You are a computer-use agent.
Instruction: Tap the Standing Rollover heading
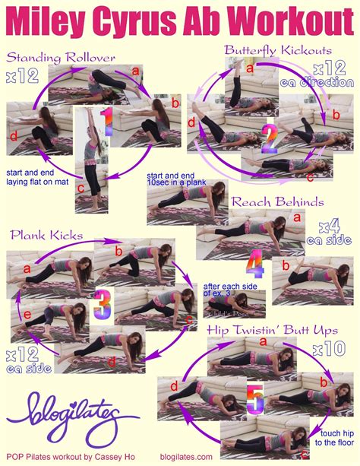click(62, 57)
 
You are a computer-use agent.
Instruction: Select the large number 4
click(255, 263)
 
